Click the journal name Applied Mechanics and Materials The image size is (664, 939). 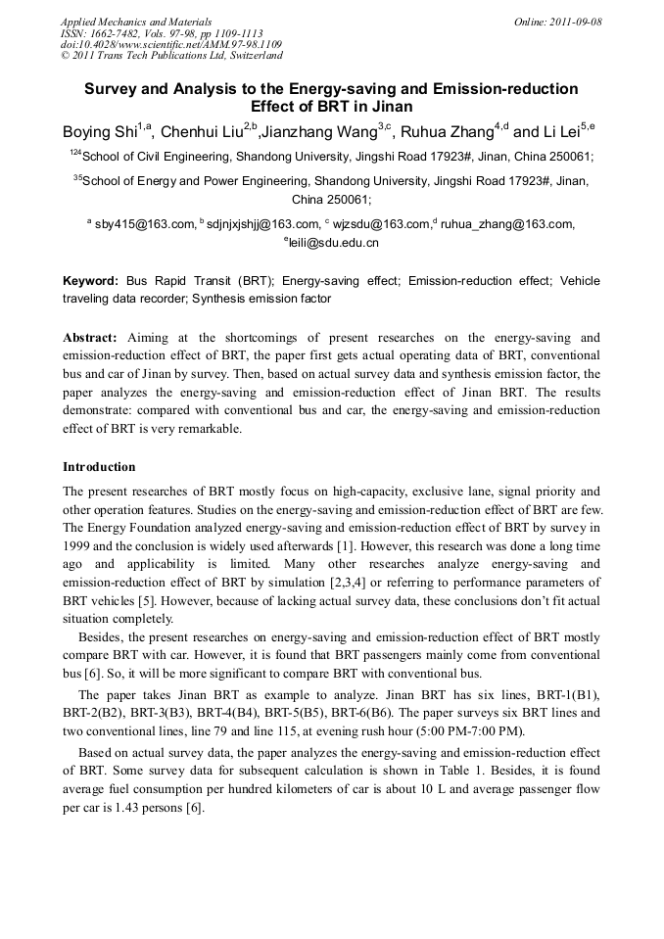tap(136, 21)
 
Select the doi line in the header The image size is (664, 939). tap(171, 44)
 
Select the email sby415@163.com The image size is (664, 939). tap(145, 224)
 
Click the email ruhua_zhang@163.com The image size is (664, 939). tap(507, 224)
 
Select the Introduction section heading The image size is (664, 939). tap(99, 466)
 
